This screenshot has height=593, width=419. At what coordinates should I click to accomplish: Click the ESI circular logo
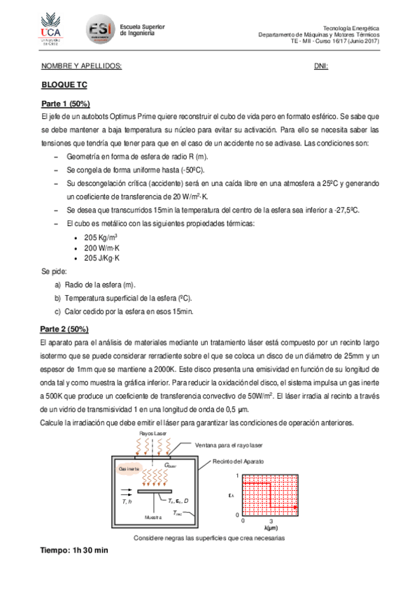[x=100, y=29]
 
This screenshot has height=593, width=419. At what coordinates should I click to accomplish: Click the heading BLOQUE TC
[x=64, y=85]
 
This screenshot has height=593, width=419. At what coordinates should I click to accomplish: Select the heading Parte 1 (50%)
[x=65, y=103]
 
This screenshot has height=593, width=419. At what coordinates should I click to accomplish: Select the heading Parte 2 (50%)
[x=65, y=329]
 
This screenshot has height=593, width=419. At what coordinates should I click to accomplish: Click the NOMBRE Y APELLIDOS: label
[x=82, y=66]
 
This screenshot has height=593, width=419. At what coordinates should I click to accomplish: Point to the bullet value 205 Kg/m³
[x=101, y=238]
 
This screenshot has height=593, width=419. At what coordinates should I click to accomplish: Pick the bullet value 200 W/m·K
[x=102, y=248]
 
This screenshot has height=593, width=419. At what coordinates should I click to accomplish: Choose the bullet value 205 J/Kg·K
[x=102, y=258]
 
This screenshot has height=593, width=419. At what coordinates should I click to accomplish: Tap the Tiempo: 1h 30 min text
[x=76, y=550]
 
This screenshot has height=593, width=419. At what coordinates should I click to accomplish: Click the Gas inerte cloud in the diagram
[x=129, y=468]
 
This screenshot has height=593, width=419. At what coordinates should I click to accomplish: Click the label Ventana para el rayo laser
[x=229, y=445]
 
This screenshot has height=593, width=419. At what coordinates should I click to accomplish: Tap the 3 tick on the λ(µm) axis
[x=270, y=521]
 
